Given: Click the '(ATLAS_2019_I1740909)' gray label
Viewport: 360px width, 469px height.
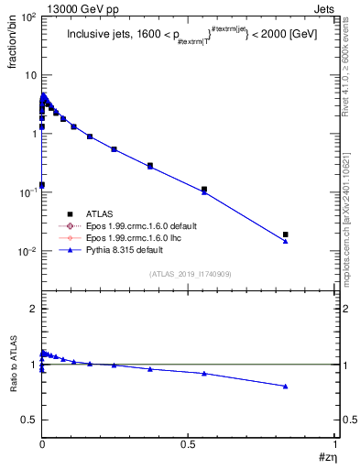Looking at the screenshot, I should [x=190, y=273].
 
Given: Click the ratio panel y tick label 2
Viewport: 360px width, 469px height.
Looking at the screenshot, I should [x=31, y=309].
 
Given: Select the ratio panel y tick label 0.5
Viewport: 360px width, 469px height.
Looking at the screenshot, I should [x=27, y=420].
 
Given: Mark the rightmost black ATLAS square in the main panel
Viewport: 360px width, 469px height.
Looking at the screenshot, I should [x=286, y=234].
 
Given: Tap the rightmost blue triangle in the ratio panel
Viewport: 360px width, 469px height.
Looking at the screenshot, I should [x=286, y=386].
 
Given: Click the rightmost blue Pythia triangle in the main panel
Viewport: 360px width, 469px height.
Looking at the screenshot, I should [x=286, y=241].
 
